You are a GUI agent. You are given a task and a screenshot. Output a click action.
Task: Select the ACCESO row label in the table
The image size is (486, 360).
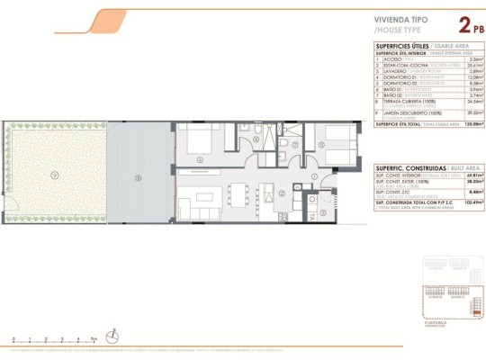click(392, 59)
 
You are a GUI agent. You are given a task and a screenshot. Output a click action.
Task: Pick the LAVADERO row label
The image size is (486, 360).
click(395, 71)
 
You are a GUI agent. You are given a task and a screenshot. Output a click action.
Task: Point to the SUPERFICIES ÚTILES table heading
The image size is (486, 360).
click(402, 45)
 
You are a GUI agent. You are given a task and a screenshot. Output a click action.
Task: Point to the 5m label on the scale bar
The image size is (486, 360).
click(93, 340)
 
